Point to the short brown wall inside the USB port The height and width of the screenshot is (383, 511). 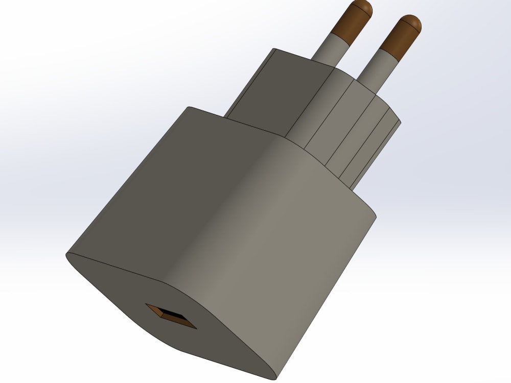click(154, 310)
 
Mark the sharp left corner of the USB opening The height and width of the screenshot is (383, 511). click(146, 305)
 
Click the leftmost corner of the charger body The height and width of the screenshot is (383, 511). click(67, 254)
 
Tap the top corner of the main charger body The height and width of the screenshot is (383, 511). click(189, 107)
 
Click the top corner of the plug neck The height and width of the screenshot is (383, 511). click(274, 49)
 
